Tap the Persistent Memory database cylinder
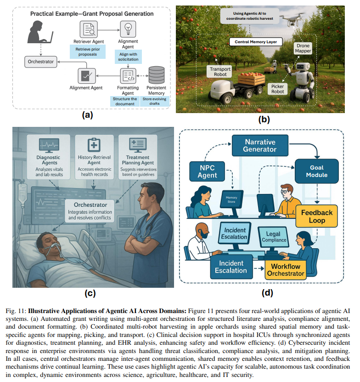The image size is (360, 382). [x=156, y=75]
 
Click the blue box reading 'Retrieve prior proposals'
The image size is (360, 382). [x=87, y=51]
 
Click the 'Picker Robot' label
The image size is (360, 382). [x=278, y=88]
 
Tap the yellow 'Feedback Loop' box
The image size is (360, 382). [x=317, y=217]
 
